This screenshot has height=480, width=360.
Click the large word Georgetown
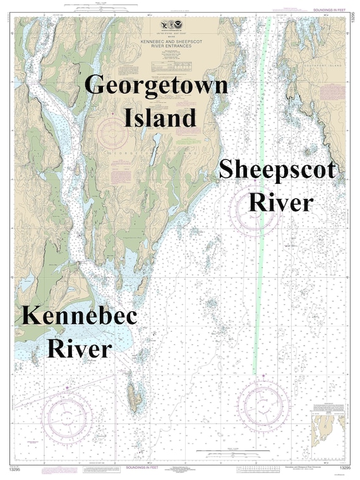pyautogui.click(x=156, y=85)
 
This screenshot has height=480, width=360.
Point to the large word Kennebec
pyautogui.click(x=78, y=316)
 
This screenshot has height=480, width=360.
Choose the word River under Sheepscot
pyautogui.click(x=281, y=202)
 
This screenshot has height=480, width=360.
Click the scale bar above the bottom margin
pyautogui.click(x=221, y=451)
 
